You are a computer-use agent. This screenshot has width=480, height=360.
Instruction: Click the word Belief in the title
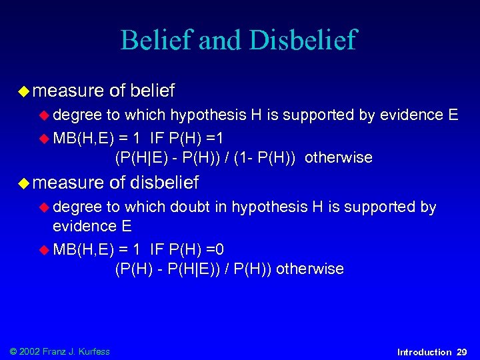(155, 41)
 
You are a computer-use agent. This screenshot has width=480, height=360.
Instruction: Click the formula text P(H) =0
(195, 250)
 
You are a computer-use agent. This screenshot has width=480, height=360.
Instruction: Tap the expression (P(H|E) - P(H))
(170, 158)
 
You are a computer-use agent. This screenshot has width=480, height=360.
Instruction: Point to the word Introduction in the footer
(424, 351)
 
